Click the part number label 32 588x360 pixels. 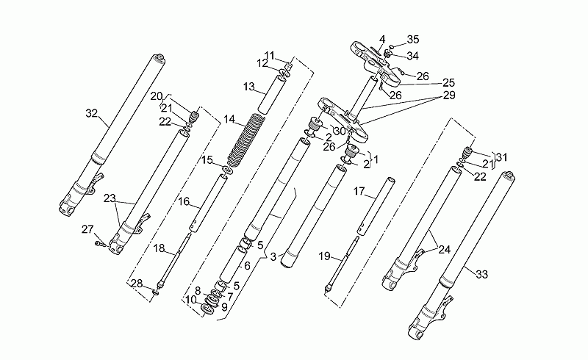[91, 113]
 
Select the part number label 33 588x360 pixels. [482, 275]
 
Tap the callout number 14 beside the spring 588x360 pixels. [229, 120]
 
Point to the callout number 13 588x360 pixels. [248, 87]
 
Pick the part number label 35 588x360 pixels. [413, 40]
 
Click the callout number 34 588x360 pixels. [412, 56]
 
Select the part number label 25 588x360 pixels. [448, 82]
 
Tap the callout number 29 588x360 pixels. [449, 96]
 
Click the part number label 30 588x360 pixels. [340, 132]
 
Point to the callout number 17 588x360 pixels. [359, 191]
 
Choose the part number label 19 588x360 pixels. [325, 256]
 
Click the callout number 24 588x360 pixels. [445, 249]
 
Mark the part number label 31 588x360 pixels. [501, 157]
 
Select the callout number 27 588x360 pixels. [87, 229]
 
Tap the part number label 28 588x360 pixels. [137, 284]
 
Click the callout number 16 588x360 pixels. [184, 202]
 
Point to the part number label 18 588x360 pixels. [159, 248]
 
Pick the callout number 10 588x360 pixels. [191, 300]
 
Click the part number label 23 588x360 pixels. [110, 199]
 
